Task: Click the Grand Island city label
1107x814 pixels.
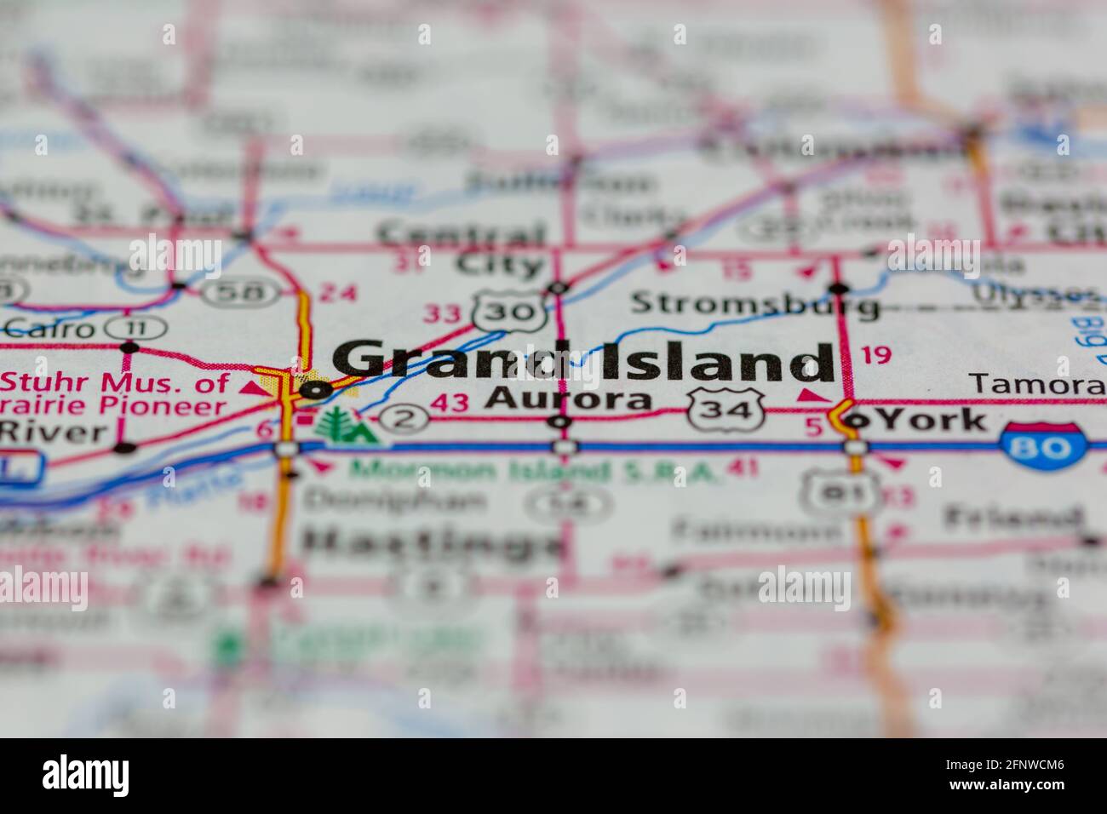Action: pos(582,361)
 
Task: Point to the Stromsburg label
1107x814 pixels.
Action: pos(754,303)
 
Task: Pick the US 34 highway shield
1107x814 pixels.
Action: pos(725,409)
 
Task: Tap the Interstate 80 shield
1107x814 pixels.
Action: pos(1043,444)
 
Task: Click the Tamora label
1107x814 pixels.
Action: pos(1037,384)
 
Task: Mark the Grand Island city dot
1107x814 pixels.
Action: pos(317,391)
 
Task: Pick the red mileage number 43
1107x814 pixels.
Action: pos(449,403)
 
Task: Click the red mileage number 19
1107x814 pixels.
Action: pos(875,354)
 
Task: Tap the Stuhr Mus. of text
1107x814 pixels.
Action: pos(115,381)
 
